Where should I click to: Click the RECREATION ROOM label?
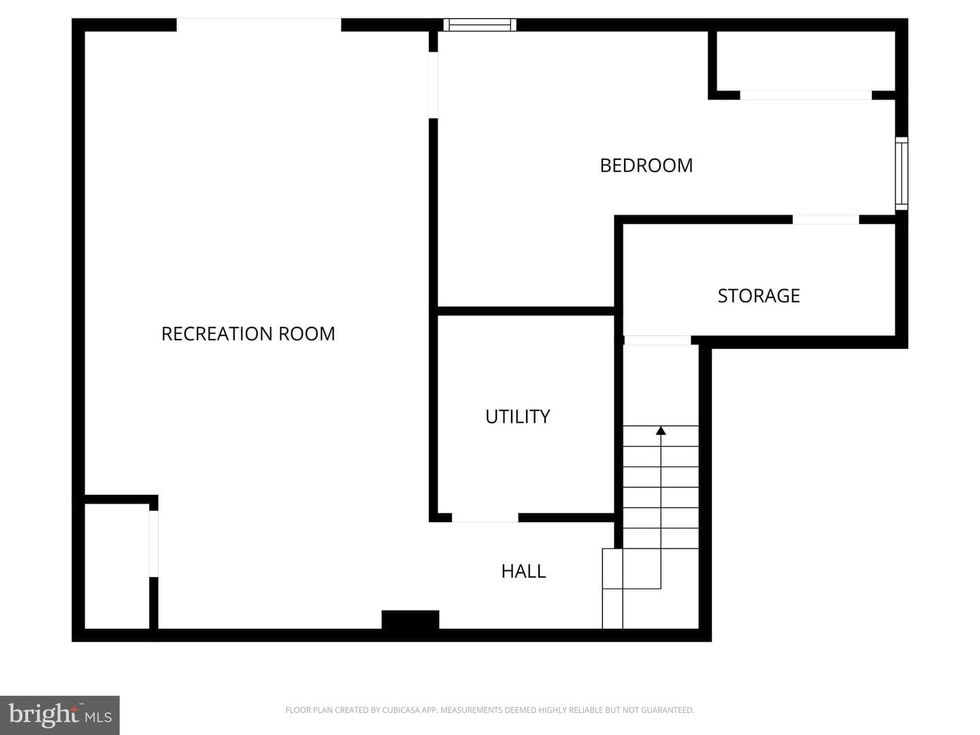tap(248, 333)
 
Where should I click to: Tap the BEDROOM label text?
tap(646, 165)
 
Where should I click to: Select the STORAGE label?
tap(759, 296)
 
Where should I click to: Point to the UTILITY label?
tap(517, 416)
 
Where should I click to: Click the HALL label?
tap(523, 571)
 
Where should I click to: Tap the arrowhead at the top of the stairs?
tap(661, 431)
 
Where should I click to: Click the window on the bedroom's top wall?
tap(480, 24)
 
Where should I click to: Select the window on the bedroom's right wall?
tap(902, 174)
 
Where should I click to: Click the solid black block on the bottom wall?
tap(410, 620)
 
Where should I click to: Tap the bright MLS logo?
tap(60, 715)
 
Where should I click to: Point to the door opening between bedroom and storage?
tap(826, 220)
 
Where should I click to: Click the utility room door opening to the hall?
tap(485, 518)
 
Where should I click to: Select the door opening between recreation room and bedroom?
tap(433, 85)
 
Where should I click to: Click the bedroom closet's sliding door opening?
tap(806, 95)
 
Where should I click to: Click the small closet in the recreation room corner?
tap(116, 566)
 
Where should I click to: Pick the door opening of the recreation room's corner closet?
tap(154, 544)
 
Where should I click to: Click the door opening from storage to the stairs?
tap(657, 340)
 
